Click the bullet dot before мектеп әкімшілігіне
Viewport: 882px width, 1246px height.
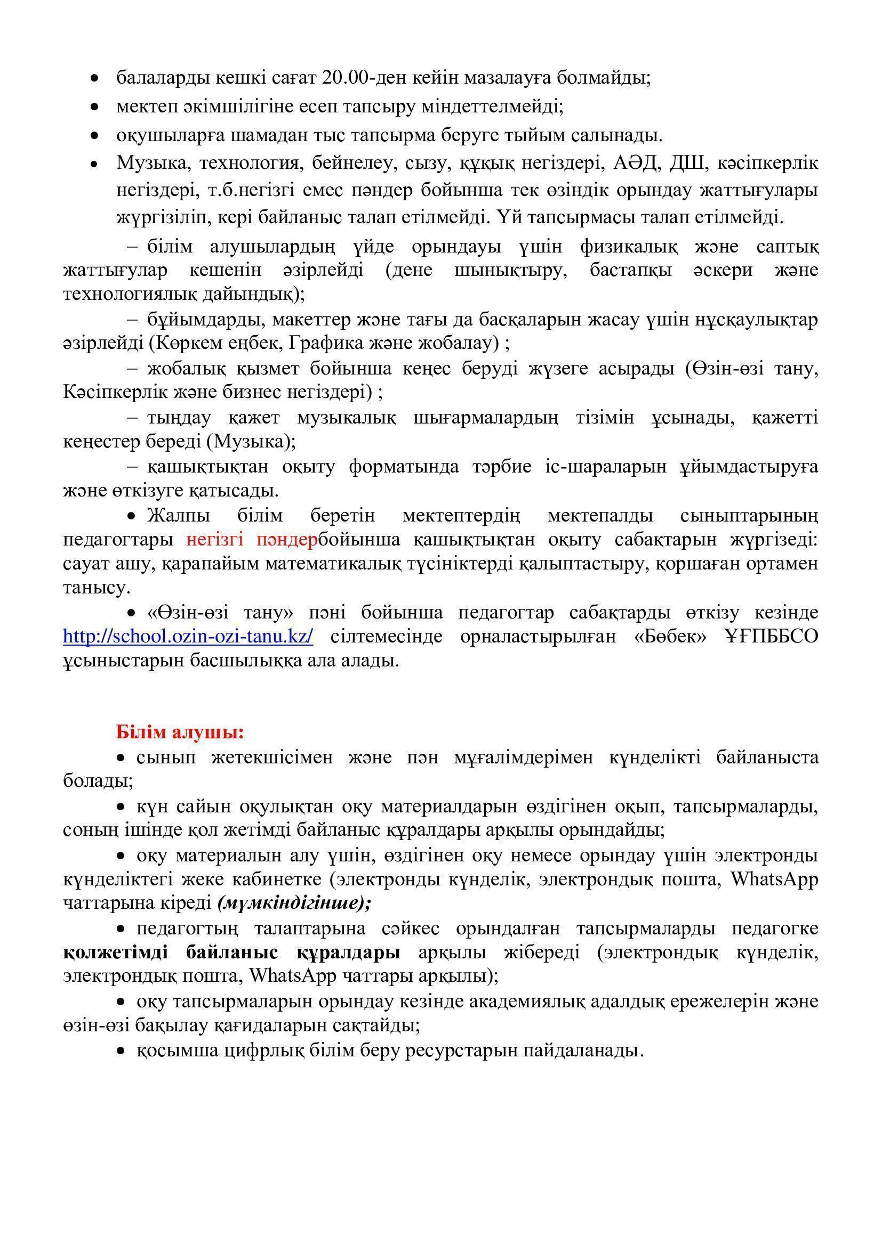(95, 108)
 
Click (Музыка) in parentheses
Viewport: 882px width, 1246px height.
(251, 441)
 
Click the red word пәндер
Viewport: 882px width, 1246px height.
(287, 540)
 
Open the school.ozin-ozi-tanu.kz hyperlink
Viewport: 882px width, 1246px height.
(188, 636)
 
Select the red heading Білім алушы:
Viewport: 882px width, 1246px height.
(180, 732)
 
